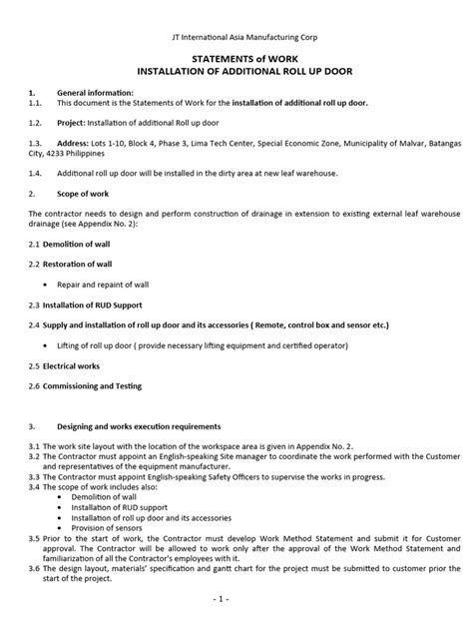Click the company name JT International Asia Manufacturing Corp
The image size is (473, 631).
[236, 37]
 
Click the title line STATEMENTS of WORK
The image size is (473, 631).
[236, 59]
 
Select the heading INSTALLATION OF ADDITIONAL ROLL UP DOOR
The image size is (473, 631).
[236, 74]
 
